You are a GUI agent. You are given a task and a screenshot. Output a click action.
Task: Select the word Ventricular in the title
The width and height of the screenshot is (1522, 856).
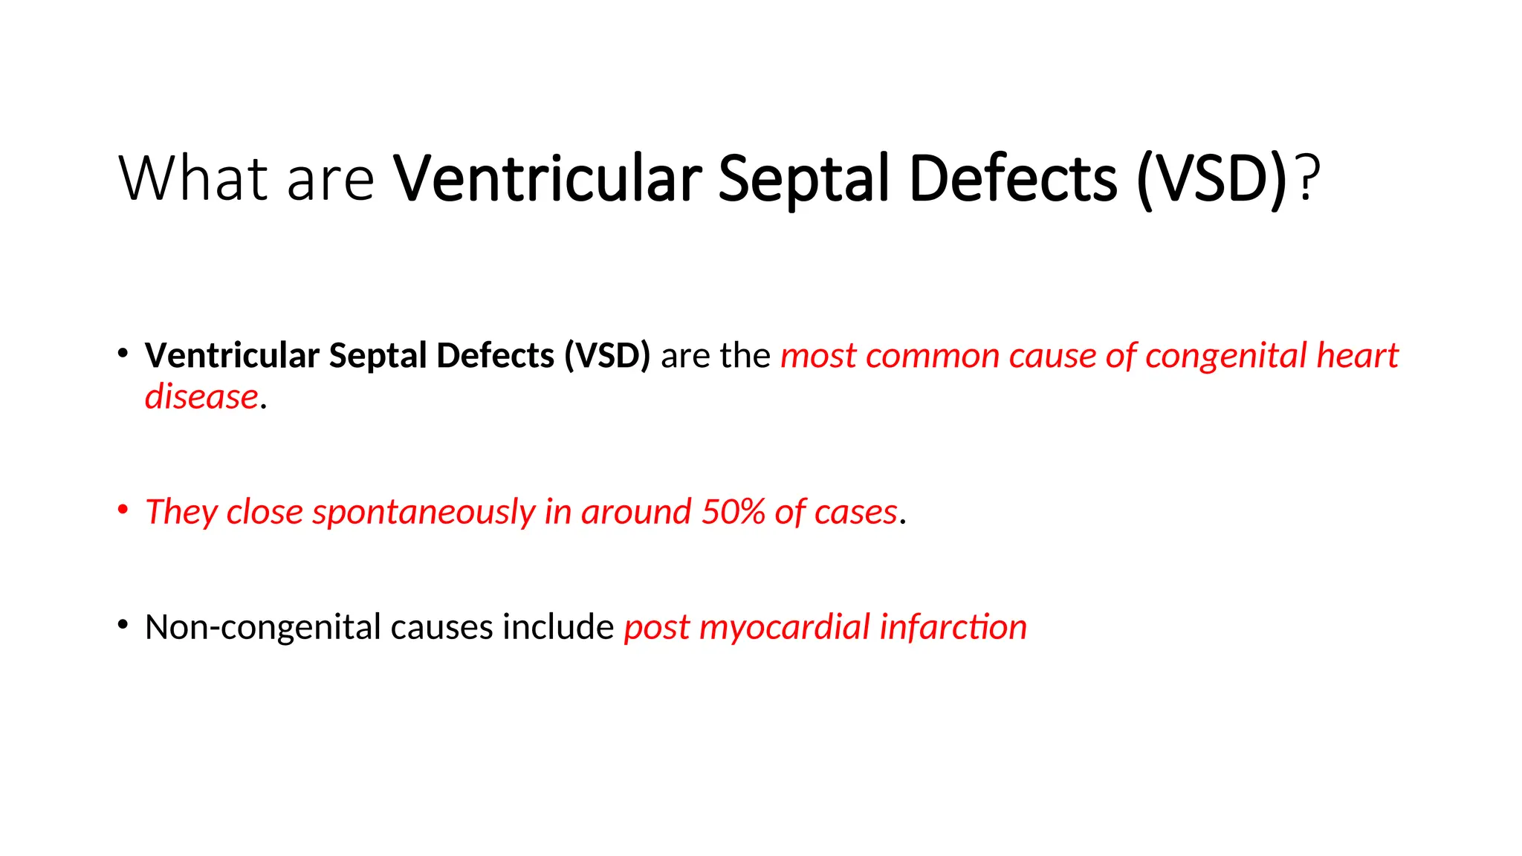[x=547, y=178]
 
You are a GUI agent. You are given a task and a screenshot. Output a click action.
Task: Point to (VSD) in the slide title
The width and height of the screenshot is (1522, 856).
[x=1211, y=178]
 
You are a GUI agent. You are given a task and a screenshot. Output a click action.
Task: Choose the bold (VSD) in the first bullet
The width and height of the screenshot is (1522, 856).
[x=606, y=356]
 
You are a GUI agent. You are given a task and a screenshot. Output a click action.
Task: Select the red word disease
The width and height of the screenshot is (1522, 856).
[x=201, y=397]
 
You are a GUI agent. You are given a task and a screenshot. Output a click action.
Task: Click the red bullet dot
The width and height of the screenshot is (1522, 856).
[x=123, y=509]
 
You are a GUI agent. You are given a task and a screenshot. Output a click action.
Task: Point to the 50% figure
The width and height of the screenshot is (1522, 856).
[x=733, y=512]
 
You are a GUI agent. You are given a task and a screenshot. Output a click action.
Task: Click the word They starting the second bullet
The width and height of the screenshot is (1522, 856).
[x=181, y=512]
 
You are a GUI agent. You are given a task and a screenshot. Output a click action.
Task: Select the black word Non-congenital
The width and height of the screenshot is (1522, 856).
[x=263, y=627]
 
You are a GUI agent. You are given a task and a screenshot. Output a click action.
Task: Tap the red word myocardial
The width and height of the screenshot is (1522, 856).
[x=784, y=627]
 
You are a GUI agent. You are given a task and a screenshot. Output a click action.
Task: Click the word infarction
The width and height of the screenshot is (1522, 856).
[x=953, y=627]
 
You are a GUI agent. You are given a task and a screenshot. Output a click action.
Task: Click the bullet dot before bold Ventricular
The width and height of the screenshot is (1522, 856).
[x=123, y=353]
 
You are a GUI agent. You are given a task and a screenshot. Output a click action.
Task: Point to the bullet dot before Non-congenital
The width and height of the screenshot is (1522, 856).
[x=123, y=624]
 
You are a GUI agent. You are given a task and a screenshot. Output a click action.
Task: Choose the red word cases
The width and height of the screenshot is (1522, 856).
[x=855, y=512]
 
